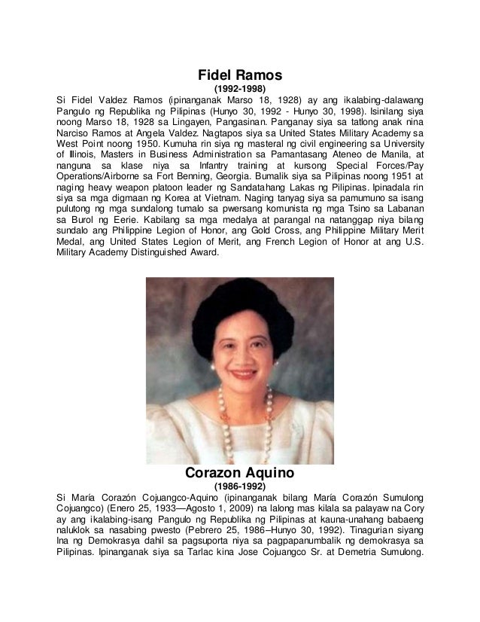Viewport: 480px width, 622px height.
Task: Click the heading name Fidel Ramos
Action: click(x=239, y=75)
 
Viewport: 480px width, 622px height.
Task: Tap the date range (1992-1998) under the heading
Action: click(x=240, y=89)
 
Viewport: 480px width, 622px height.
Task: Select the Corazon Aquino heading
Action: click(x=239, y=475)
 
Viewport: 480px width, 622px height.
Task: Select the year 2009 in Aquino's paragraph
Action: click(x=199, y=511)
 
